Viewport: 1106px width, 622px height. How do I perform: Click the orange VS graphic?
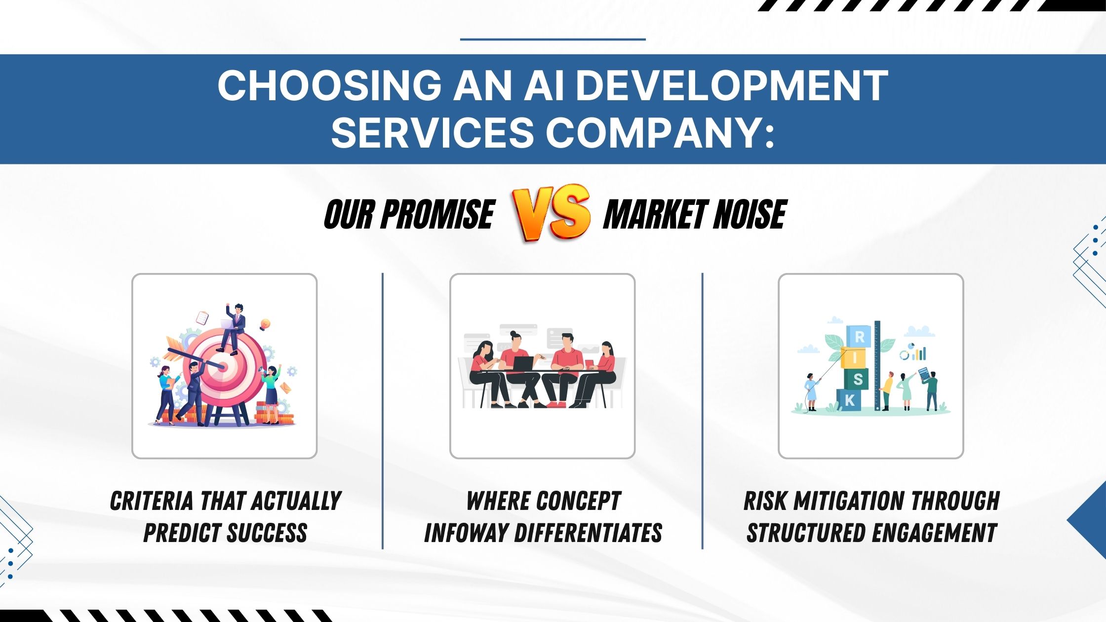[x=552, y=213]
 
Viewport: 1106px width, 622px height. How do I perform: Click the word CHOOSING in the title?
[x=330, y=85]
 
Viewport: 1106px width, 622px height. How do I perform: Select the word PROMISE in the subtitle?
[x=437, y=214]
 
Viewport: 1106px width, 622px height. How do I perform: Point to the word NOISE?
[x=750, y=214]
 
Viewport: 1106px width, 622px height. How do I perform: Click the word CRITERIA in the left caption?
[x=152, y=501]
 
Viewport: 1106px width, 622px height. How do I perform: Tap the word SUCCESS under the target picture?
[x=267, y=533]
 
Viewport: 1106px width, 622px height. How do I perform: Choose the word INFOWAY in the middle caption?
[x=466, y=533]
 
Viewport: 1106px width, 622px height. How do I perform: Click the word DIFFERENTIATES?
[x=588, y=533]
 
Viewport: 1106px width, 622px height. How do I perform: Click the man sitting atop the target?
[x=232, y=328]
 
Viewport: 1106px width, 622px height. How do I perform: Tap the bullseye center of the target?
[x=223, y=366]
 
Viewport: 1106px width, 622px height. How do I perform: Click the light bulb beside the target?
[x=265, y=324]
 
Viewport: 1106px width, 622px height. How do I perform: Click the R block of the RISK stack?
[x=860, y=337]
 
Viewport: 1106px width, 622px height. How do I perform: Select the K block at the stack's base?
[x=849, y=400]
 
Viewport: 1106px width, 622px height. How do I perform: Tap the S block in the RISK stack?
[x=858, y=379]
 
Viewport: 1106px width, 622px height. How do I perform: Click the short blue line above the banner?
[x=553, y=39]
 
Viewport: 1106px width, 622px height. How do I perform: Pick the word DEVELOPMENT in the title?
[x=732, y=85]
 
